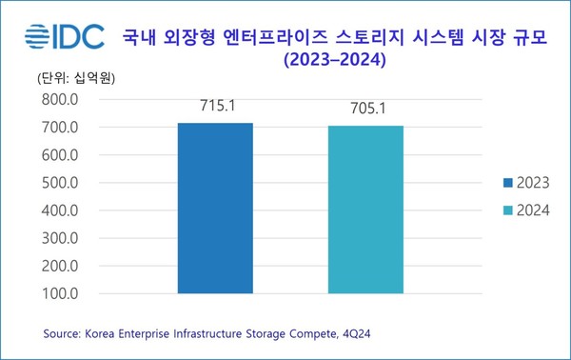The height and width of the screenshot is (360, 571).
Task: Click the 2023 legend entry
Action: click(x=518, y=182)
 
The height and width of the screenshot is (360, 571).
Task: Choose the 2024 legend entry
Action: click(x=518, y=210)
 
